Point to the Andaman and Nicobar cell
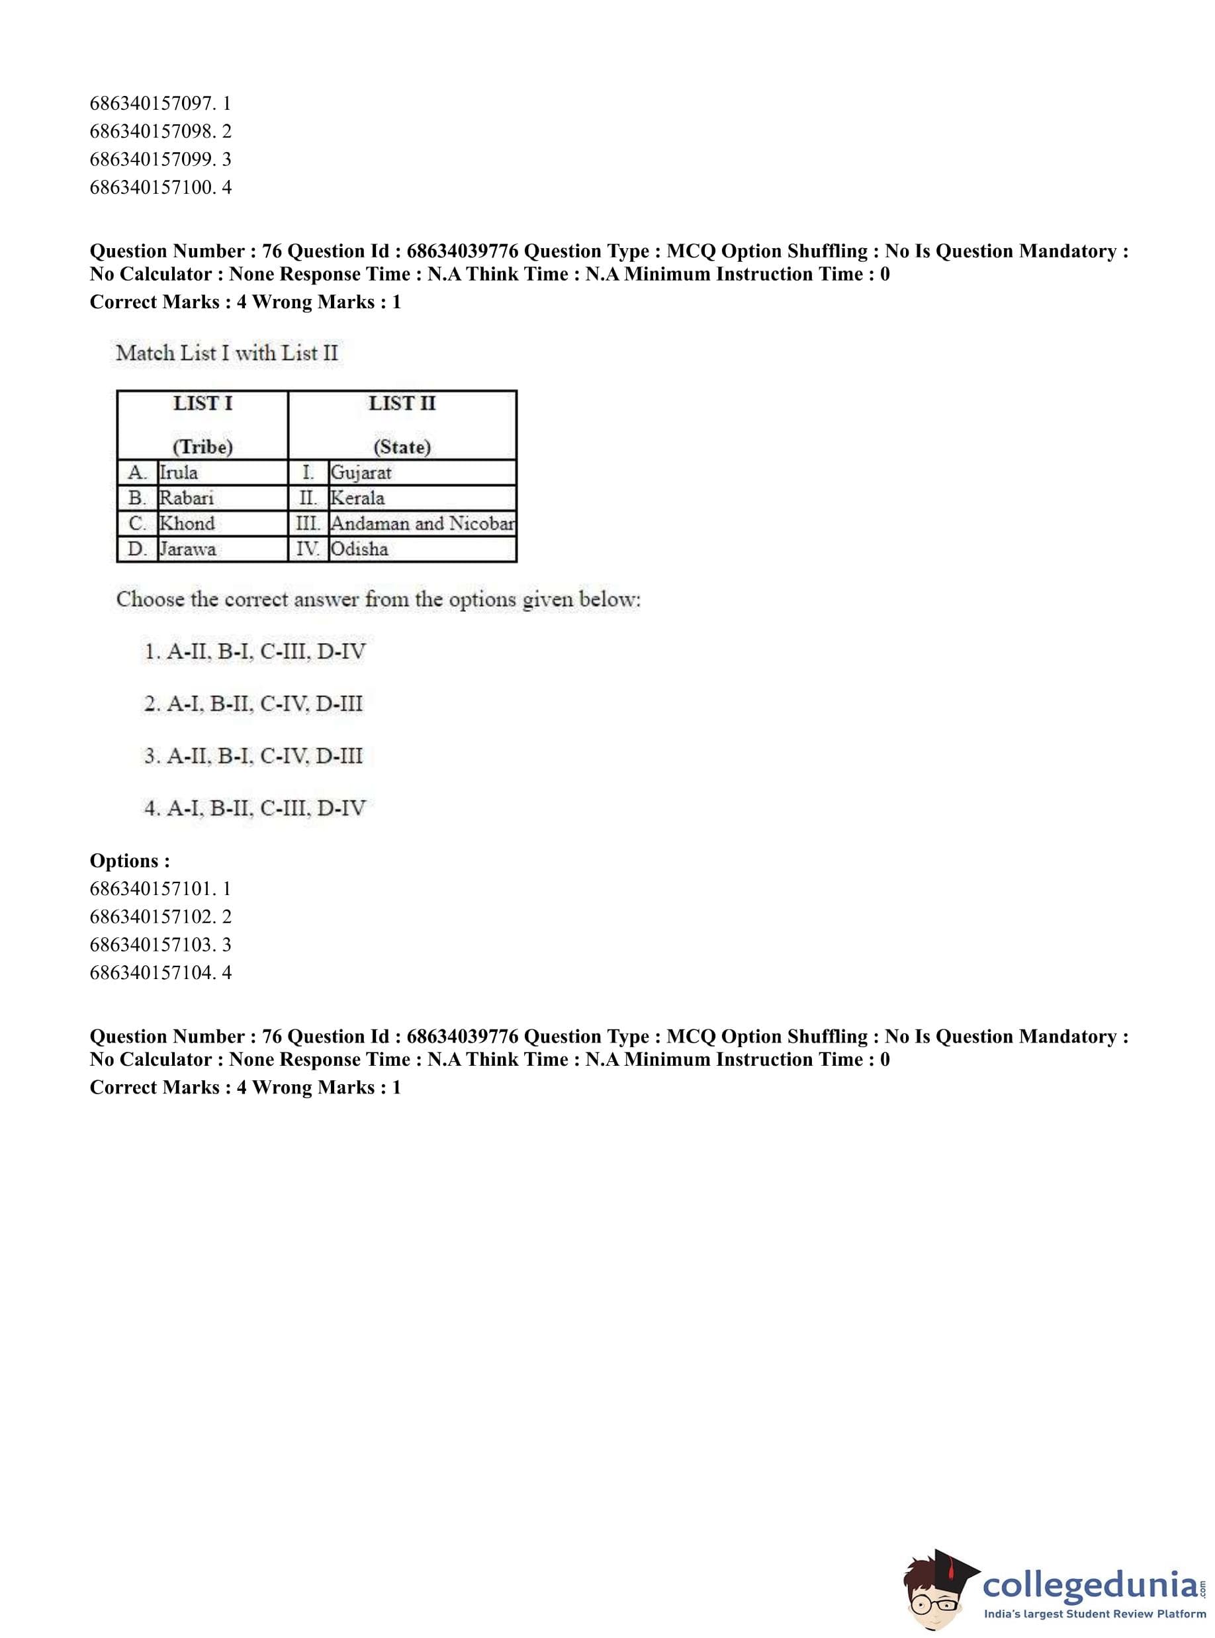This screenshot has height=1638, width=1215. (x=422, y=523)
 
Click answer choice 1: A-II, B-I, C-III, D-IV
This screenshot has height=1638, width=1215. (x=255, y=652)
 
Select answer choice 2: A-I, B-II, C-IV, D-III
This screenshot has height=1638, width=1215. (x=253, y=705)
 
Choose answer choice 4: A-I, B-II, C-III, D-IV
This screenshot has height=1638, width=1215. (x=255, y=808)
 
